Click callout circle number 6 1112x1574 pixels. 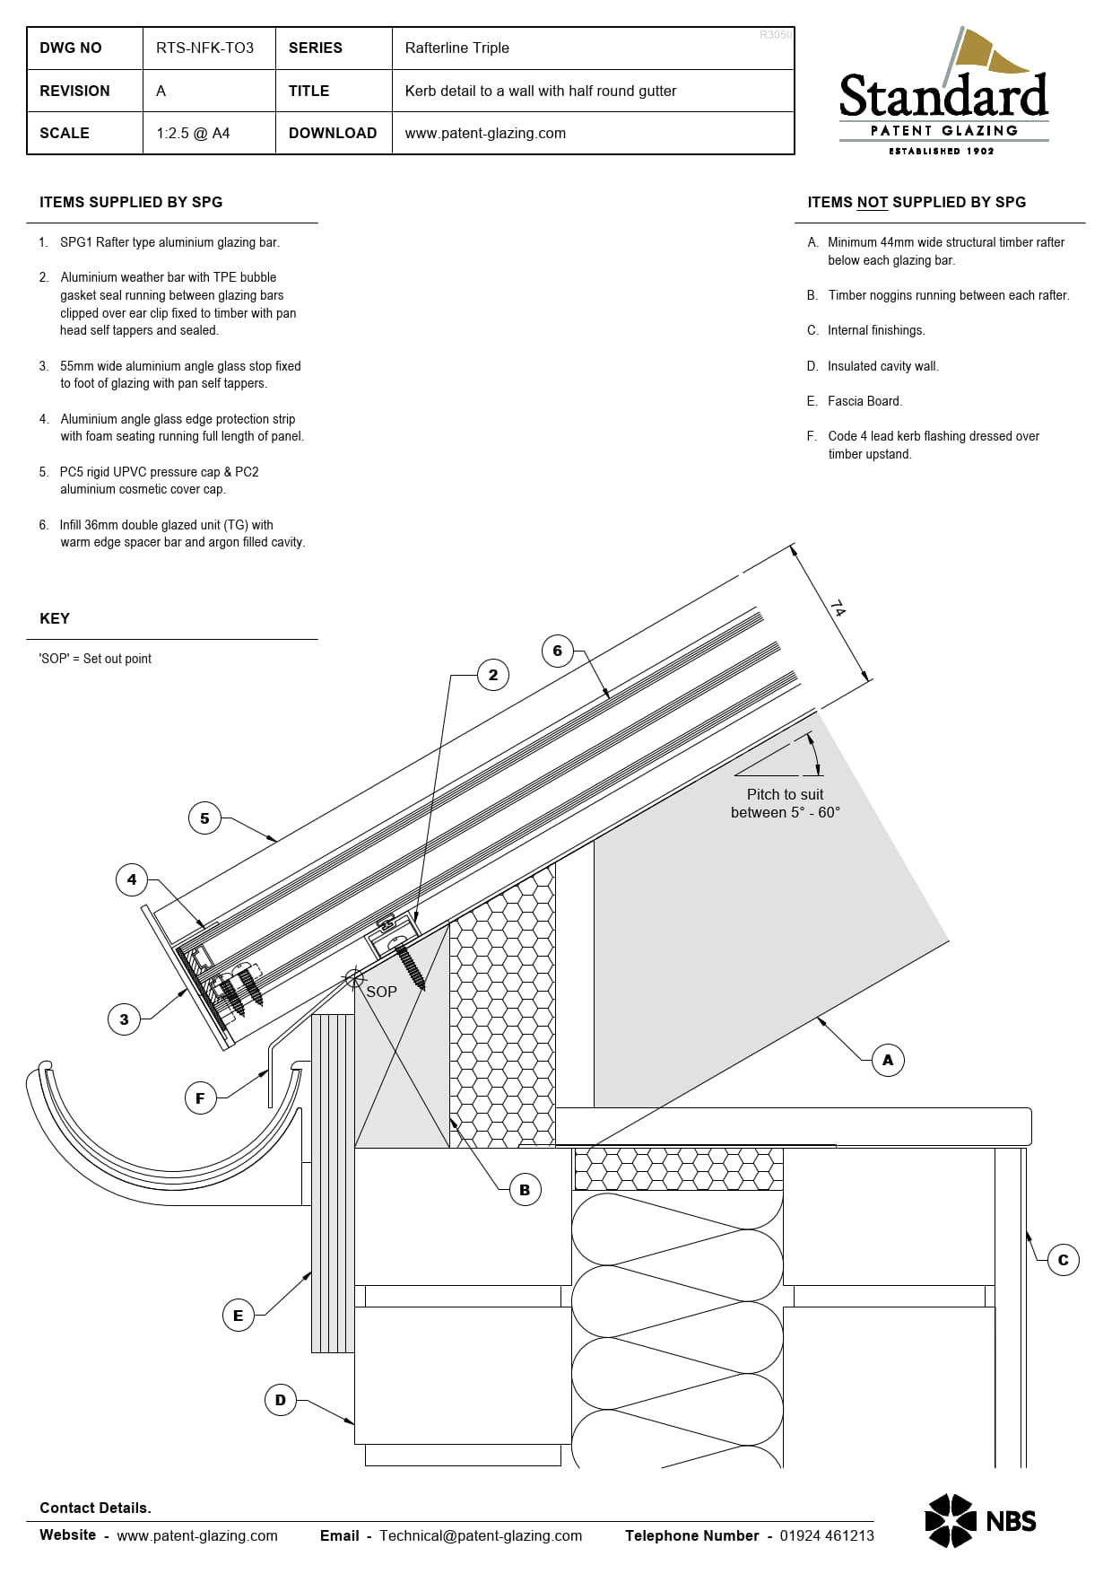pyautogui.click(x=557, y=651)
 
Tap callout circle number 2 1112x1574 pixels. pyautogui.click(x=492, y=675)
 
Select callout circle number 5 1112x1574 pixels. pyautogui.click(x=204, y=818)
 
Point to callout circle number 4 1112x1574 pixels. pyautogui.click(x=132, y=879)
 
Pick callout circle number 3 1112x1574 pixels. pyautogui.click(x=124, y=1019)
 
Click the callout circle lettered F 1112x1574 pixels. pyautogui.click(x=200, y=1097)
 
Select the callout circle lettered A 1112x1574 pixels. pyautogui.click(x=887, y=1060)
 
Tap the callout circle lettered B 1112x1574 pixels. pyautogui.click(x=525, y=1190)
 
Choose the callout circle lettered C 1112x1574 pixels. pyautogui.click(x=1063, y=1260)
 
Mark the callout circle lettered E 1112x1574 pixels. pyautogui.click(x=238, y=1316)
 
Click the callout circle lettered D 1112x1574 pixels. pyautogui.click(x=280, y=1400)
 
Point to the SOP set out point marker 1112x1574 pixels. pyautogui.click(x=354, y=978)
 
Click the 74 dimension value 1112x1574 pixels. pyautogui.click(x=837, y=609)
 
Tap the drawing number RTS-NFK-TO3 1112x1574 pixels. pyautogui.click(x=204, y=48)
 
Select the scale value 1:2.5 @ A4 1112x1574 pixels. pyautogui.click(x=193, y=134)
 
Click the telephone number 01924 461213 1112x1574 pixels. pyautogui.click(x=826, y=1535)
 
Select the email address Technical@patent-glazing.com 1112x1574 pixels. pyautogui.click(x=480, y=1535)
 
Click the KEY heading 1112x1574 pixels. pyautogui.click(x=55, y=619)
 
